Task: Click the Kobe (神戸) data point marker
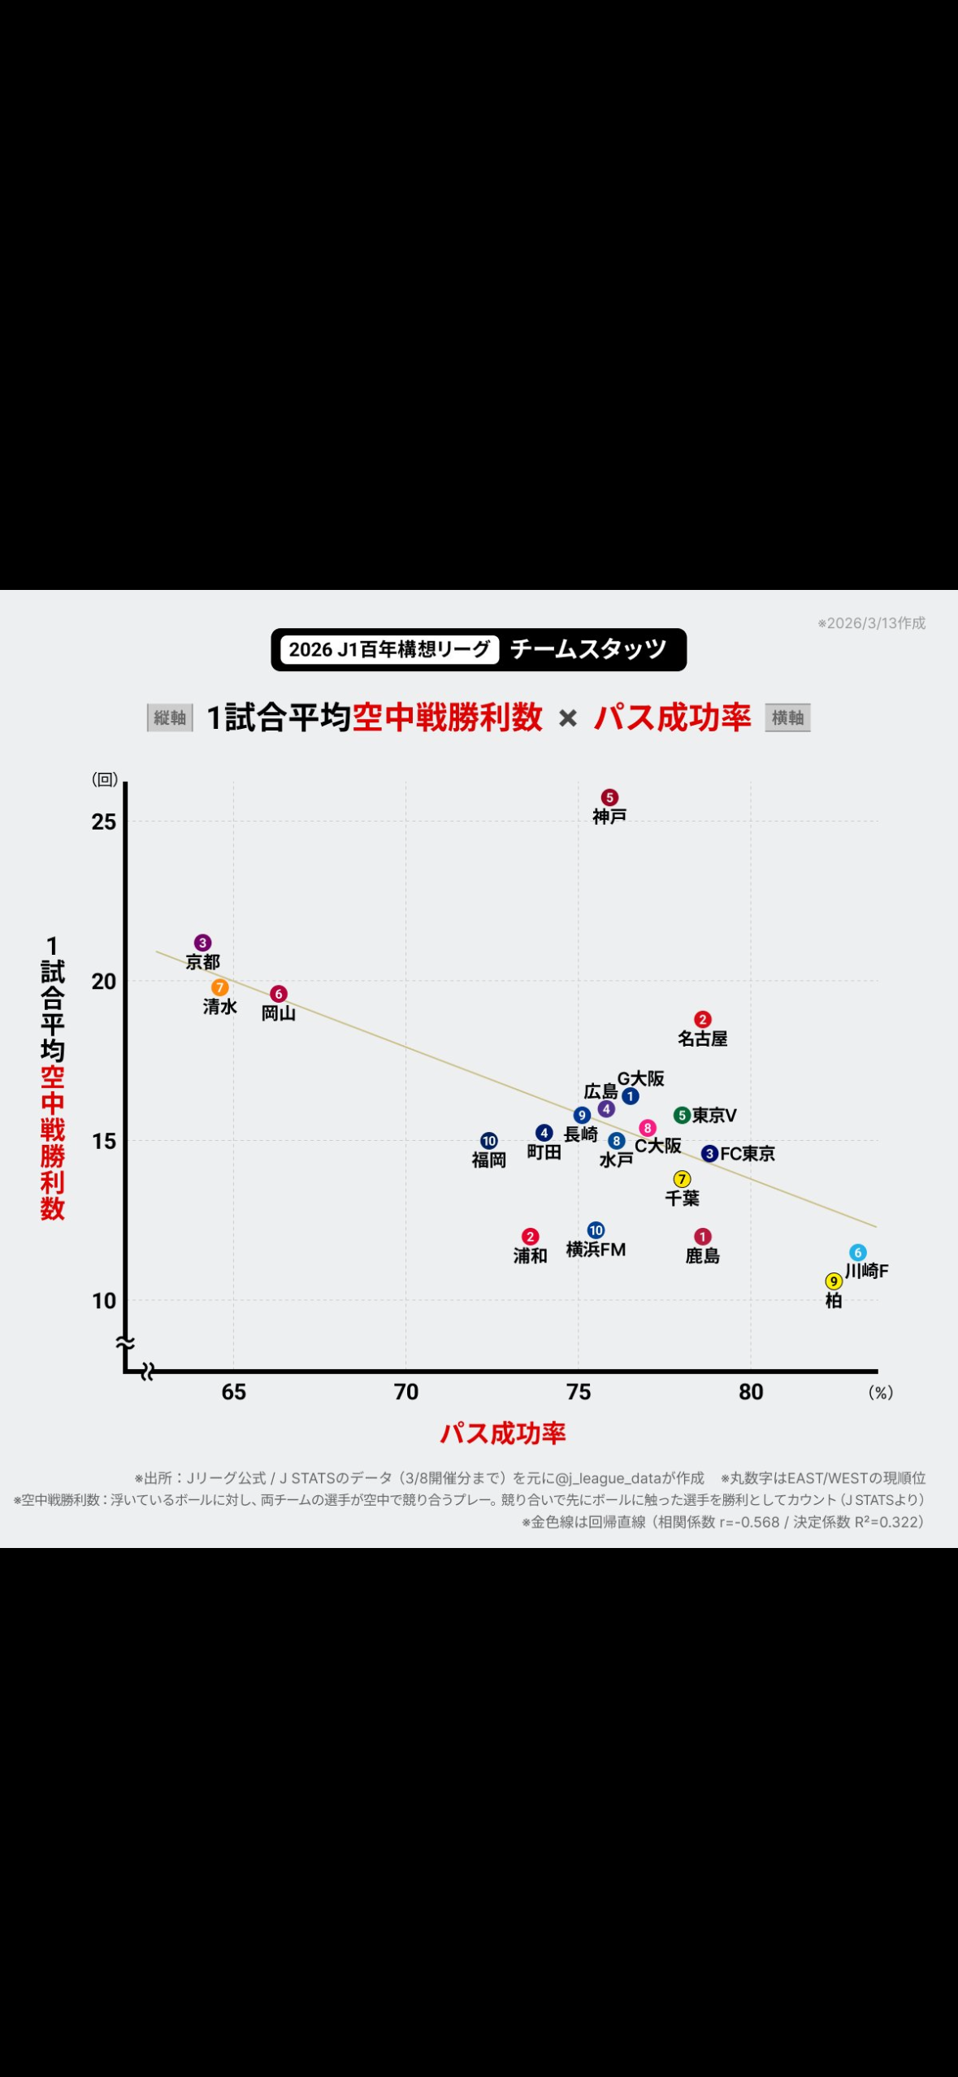[609, 797]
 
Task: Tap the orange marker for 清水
[219, 987]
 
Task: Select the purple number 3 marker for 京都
[203, 943]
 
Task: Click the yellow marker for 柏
[834, 1281]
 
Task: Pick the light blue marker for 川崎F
[858, 1252]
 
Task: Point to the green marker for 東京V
[682, 1115]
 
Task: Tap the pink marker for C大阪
[648, 1128]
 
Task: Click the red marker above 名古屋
[703, 1019]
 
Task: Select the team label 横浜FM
[596, 1249]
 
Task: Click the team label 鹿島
[703, 1255]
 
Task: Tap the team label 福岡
[489, 1160]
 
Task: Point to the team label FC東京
[748, 1153]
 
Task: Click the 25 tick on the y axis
[104, 822]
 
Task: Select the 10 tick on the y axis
[104, 1300]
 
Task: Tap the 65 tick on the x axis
[234, 1392]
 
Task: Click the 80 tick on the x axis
[751, 1392]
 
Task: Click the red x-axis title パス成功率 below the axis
[503, 1433]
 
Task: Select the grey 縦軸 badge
[170, 718]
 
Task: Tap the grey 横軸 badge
[787, 718]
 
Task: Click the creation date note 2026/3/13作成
[872, 623]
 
